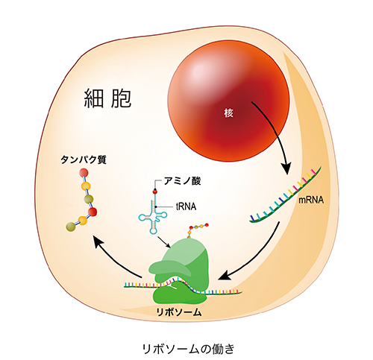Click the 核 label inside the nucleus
click(x=228, y=113)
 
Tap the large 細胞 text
click(x=107, y=98)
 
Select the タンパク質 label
click(x=84, y=160)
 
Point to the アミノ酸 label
click(x=182, y=181)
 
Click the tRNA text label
click(x=186, y=206)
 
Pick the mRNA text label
click(x=311, y=200)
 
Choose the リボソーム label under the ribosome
click(x=178, y=312)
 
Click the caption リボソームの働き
click(x=188, y=349)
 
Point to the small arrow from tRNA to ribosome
click(x=164, y=242)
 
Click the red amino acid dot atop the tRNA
click(x=155, y=192)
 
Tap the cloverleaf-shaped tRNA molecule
click(x=153, y=215)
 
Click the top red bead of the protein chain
click(x=84, y=172)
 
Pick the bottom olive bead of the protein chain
click(x=71, y=227)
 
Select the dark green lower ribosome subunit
click(x=180, y=293)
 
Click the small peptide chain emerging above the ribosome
click(x=198, y=230)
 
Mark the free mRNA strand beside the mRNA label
click(x=285, y=196)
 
